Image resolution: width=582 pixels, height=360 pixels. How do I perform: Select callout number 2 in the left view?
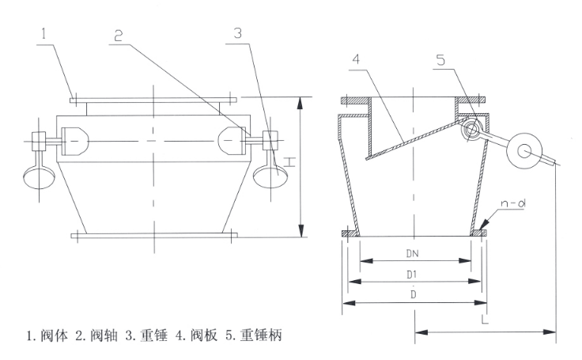click(118, 36)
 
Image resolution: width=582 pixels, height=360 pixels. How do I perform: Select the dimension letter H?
click(289, 163)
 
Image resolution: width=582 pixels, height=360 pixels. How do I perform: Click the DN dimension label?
click(414, 254)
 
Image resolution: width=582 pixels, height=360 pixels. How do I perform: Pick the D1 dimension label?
click(414, 273)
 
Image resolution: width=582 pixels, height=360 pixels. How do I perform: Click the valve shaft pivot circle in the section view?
click(473, 129)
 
